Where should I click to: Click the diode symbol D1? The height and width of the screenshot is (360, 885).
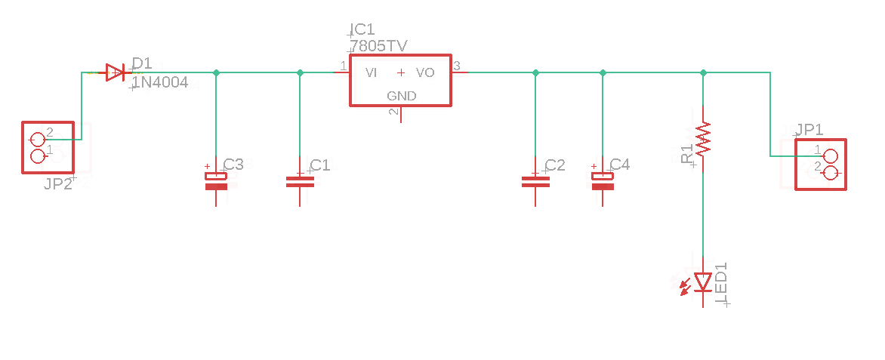click(115, 72)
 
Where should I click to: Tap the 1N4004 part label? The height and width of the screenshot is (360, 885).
click(160, 82)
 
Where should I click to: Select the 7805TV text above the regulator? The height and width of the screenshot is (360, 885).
click(379, 46)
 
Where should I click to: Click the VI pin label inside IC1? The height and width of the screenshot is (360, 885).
click(372, 73)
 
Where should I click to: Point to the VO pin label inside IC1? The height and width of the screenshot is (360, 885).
click(425, 73)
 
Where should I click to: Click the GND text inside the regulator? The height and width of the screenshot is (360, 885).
click(401, 96)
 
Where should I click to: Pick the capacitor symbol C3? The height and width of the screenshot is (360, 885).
click(217, 181)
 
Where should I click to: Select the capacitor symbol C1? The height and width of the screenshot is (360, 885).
click(300, 181)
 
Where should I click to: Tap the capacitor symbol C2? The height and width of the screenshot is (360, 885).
click(535, 181)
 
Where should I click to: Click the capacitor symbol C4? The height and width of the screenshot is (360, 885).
click(603, 181)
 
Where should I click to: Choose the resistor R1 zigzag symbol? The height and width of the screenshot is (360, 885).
click(704, 139)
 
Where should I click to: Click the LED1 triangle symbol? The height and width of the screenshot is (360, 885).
click(704, 282)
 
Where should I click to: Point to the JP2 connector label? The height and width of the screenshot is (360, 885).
click(58, 183)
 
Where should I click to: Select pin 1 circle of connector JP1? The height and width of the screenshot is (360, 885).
click(831, 156)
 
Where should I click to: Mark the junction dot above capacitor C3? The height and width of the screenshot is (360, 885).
click(217, 72)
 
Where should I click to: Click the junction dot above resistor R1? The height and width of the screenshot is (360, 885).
click(704, 72)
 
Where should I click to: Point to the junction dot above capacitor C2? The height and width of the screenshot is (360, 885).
click(535, 72)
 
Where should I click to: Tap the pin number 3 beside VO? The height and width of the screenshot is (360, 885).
click(457, 66)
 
